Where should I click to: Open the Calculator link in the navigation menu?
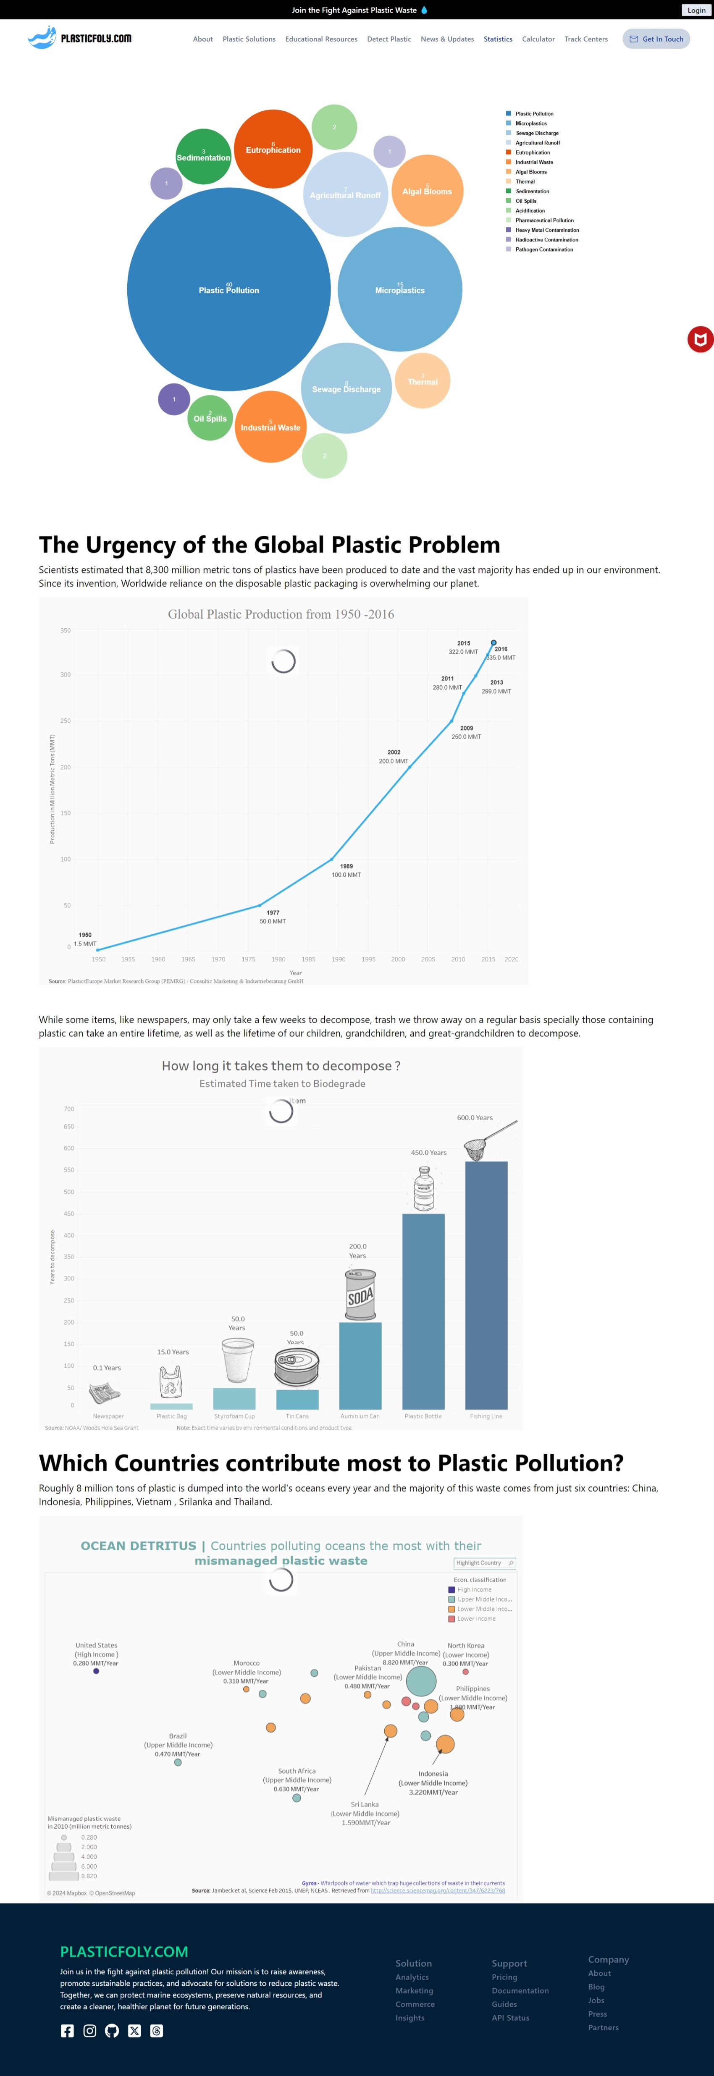(538, 39)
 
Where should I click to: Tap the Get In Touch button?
(656, 39)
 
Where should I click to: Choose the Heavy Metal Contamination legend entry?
(546, 230)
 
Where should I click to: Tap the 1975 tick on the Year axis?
(248, 959)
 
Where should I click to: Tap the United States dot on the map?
(96, 1671)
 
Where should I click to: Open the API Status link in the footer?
(510, 2018)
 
